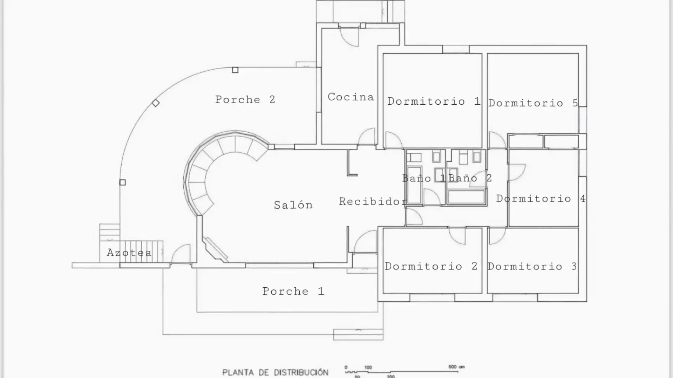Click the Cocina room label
351,97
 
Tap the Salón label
293,205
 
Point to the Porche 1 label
293,291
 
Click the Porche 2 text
245,99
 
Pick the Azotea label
129,252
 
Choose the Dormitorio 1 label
434,101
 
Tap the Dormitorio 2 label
431,266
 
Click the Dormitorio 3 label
532,266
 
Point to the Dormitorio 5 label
533,103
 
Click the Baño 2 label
470,178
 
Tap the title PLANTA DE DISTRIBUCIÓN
276,372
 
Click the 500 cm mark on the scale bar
456,367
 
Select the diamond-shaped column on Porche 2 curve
156,103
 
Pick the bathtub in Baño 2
467,197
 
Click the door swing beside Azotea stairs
181,254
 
